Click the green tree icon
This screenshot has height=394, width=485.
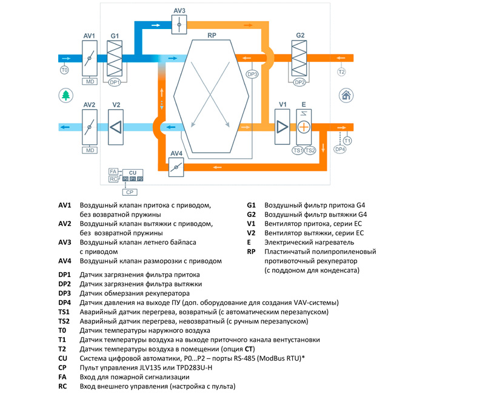(x=66, y=95)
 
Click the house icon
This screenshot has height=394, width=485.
(x=346, y=95)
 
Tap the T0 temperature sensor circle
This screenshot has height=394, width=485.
(x=64, y=70)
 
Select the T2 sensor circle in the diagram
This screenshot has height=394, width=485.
(x=341, y=72)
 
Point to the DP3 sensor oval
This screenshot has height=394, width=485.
(x=252, y=74)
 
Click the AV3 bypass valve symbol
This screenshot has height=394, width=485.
(x=179, y=24)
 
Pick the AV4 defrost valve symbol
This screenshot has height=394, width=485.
(x=176, y=167)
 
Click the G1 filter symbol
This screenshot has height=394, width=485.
(x=115, y=58)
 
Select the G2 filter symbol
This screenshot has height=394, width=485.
(x=299, y=58)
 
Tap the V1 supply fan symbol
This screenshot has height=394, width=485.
(x=282, y=127)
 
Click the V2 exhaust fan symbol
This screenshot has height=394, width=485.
(x=116, y=127)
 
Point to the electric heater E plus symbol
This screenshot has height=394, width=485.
(x=304, y=127)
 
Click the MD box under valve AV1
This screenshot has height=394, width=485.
(x=90, y=82)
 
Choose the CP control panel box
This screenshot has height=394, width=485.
(x=130, y=192)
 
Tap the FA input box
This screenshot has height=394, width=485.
(x=113, y=172)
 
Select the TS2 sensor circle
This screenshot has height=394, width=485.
(x=310, y=150)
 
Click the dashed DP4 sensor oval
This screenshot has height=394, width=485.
(x=340, y=149)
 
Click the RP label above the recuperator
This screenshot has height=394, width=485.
(x=212, y=35)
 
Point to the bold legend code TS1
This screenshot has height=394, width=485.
(x=64, y=312)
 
